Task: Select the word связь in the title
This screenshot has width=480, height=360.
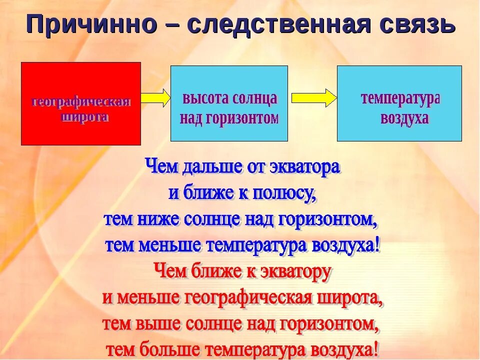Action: (420, 24)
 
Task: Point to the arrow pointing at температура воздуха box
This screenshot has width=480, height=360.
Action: (313, 97)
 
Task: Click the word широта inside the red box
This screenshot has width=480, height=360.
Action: (84, 117)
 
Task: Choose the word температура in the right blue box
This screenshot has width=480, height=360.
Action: (399, 98)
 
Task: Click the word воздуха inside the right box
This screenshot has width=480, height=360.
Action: (404, 119)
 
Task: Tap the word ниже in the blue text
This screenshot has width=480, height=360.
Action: (160, 219)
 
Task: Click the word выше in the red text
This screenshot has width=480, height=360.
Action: (160, 324)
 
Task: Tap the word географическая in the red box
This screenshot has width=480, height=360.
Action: (81, 102)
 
